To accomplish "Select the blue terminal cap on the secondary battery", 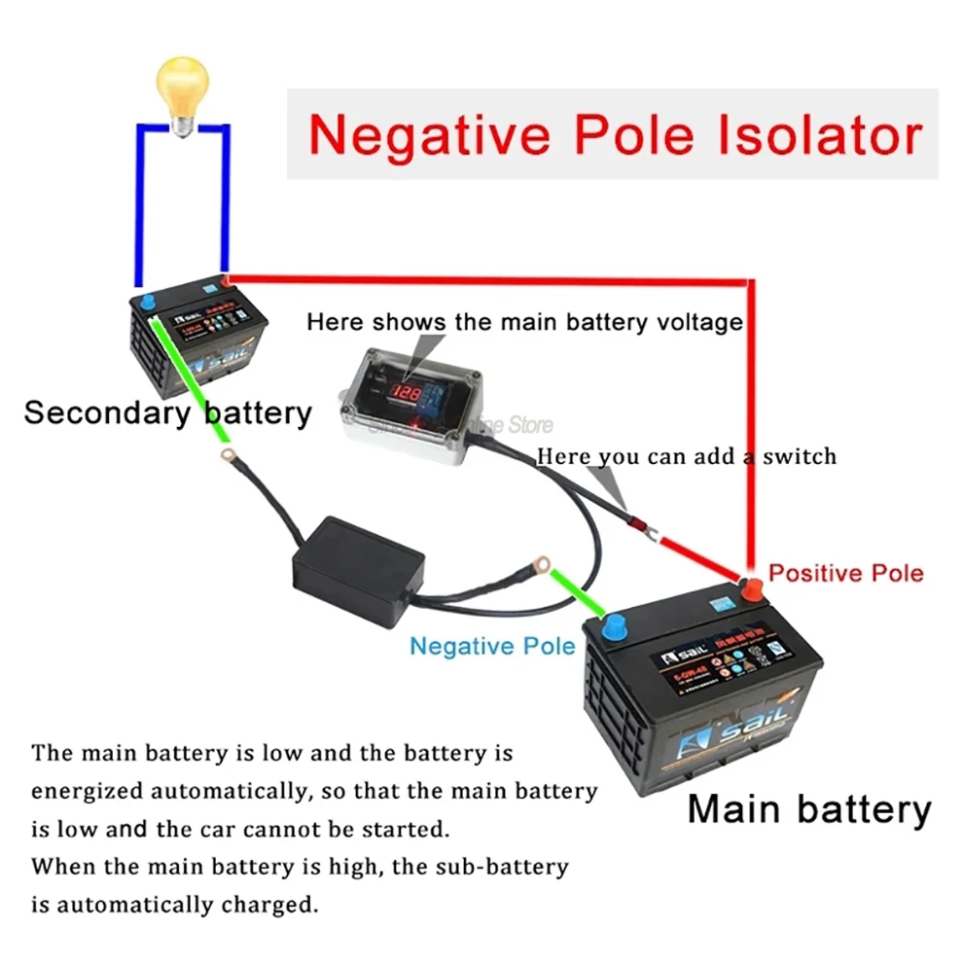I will coord(147,302).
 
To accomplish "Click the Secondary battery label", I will coord(167,412).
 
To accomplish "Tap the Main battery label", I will coord(808,808).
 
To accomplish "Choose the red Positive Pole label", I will coord(845,572).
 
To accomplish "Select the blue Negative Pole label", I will coord(491,646).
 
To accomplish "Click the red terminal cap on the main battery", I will coord(752,588).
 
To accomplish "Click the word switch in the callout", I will coord(798,455).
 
